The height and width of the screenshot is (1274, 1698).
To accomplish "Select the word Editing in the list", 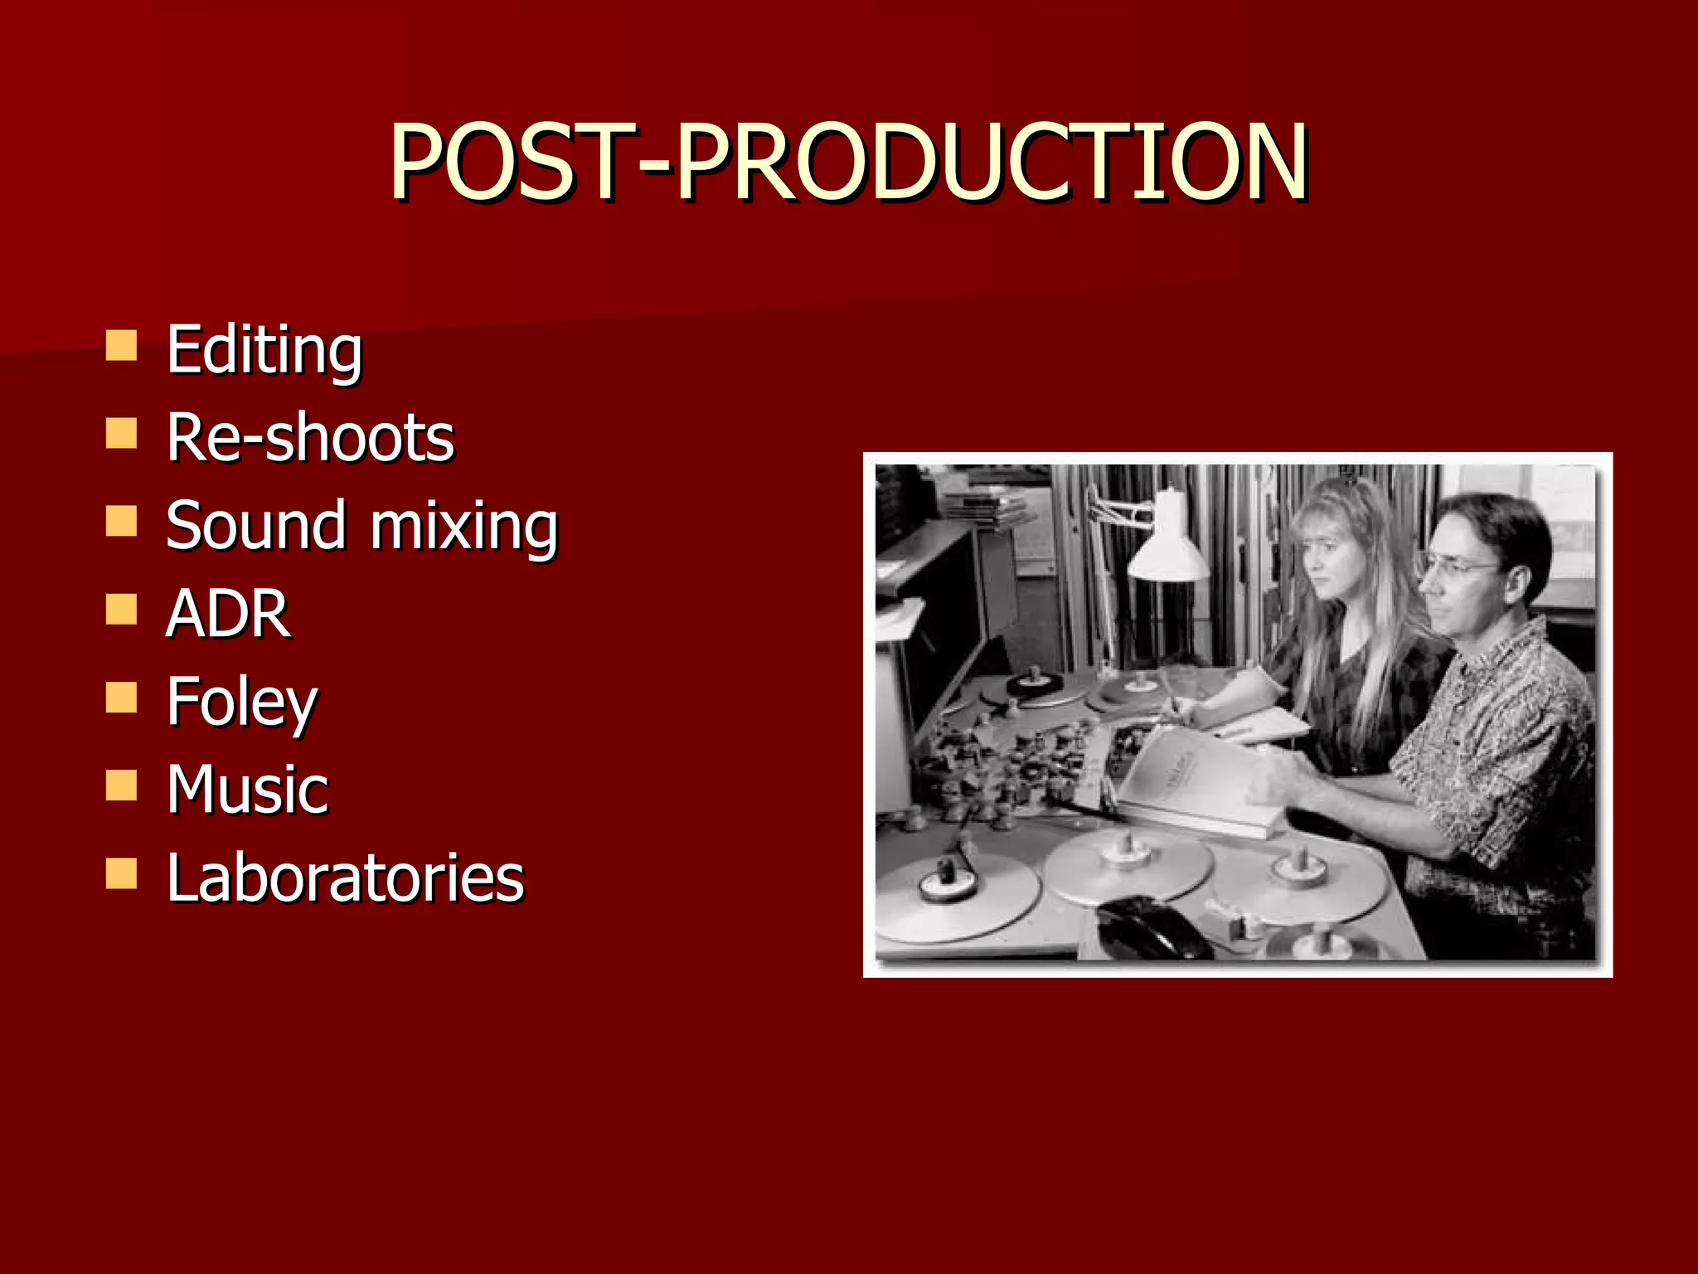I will tap(264, 351).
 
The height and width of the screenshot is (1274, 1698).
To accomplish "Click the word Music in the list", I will tap(247, 790).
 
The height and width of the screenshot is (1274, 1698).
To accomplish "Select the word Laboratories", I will tap(345, 878).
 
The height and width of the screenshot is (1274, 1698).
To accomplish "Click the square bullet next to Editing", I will tap(121, 346).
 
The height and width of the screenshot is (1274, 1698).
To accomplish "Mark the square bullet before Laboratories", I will tap(121, 873).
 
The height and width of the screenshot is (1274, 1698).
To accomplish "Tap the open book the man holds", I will tap(1194, 780).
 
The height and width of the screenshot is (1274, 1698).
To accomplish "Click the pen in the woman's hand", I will tap(1171, 693).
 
